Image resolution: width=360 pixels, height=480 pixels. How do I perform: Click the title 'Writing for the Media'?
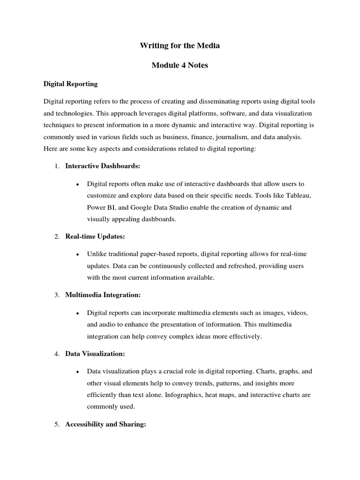tap(180, 45)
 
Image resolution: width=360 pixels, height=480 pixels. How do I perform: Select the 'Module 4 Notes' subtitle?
tap(180, 65)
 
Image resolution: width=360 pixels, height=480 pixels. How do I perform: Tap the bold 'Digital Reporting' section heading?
tap(70, 84)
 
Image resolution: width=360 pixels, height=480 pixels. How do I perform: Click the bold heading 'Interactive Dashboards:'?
tap(103, 166)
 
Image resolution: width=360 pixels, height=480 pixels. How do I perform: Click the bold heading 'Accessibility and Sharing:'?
tap(106, 424)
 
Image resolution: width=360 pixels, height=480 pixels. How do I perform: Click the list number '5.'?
tap(57, 424)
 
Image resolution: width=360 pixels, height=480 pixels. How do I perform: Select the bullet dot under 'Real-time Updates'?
tap(76, 254)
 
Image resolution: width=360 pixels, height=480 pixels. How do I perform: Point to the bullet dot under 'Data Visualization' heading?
tap(76, 371)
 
